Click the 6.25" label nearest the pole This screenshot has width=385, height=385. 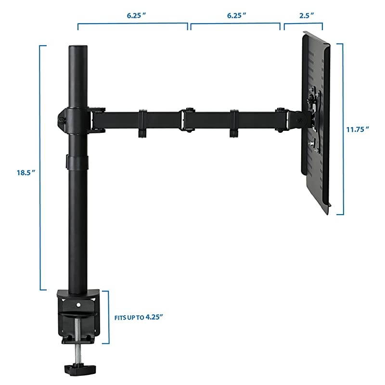[136, 15]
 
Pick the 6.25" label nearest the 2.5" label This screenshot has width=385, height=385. [236, 15]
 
